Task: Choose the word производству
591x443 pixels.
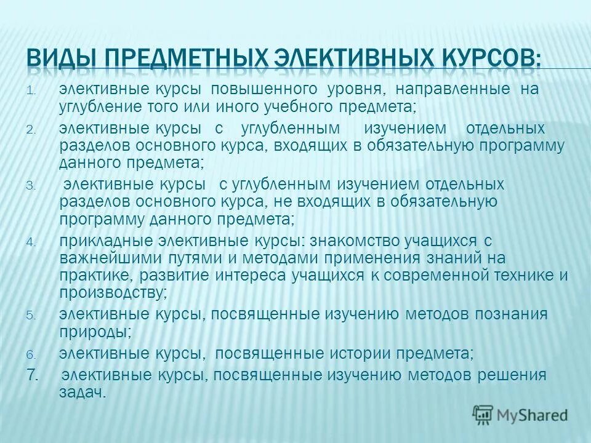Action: [113, 292]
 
